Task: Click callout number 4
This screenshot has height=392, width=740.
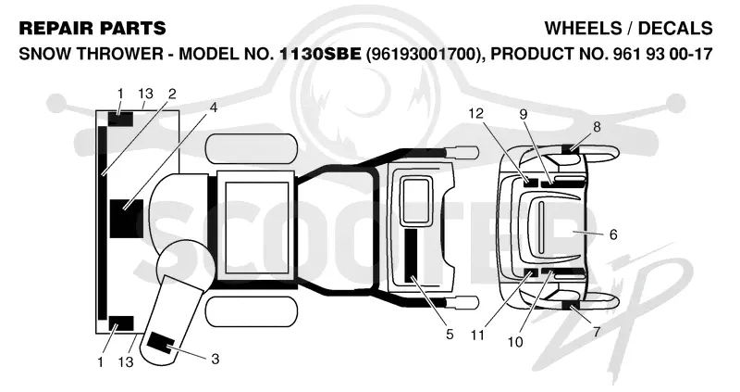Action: click(214, 107)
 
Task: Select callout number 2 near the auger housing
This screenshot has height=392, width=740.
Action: click(172, 95)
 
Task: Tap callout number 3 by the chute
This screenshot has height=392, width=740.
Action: click(216, 360)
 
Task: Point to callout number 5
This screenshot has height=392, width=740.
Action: click(450, 335)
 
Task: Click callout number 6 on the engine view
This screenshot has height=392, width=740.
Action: click(613, 234)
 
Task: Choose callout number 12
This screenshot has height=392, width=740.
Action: click(476, 113)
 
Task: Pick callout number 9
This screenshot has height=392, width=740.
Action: click(524, 114)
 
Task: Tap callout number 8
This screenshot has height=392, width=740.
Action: click(597, 127)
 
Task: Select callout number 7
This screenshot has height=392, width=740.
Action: click(597, 332)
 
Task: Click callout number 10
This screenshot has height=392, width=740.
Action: click(515, 342)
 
